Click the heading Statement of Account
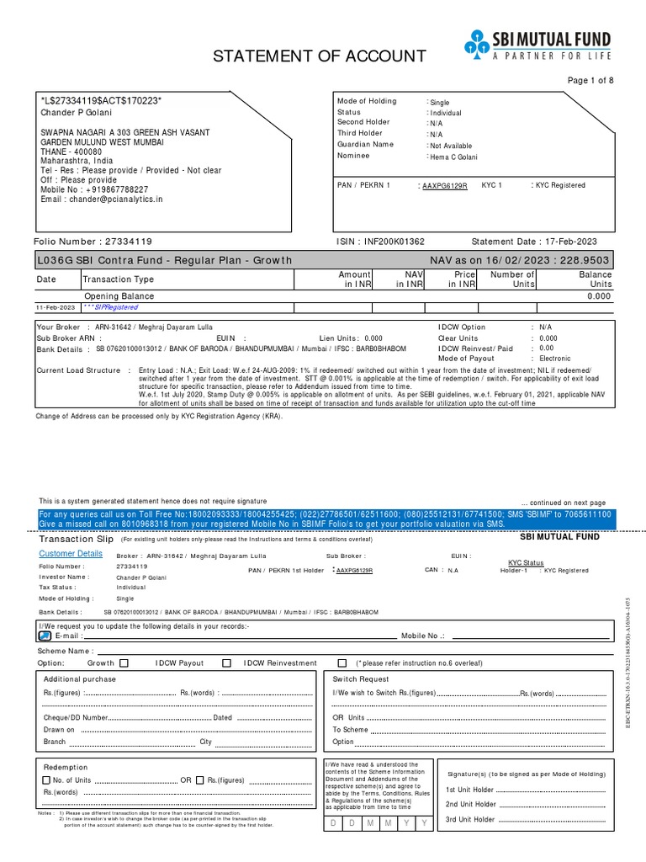click(319, 56)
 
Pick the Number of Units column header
click(512, 279)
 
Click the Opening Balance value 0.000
click(600, 296)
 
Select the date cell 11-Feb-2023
click(56, 308)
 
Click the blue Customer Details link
click(71, 554)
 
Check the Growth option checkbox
click(124, 663)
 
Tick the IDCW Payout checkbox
click(226, 663)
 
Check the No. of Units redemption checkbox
click(47, 780)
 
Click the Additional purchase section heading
click(80, 679)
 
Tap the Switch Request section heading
click(361, 679)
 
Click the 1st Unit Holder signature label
click(471, 790)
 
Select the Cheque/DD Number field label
click(76, 718)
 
